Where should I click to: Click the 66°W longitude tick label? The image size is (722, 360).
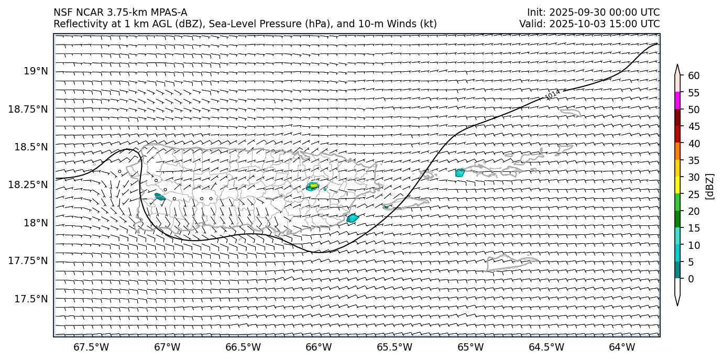(319, 347)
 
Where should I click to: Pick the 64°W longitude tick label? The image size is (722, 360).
(622, 347)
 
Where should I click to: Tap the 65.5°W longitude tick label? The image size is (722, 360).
(395, 347)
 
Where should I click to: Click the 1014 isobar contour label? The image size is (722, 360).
(553, 94)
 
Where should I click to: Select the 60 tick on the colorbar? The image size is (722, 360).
(694, 76)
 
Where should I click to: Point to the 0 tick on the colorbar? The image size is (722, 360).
(691, 279)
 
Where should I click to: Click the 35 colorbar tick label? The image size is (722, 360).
(694, 160)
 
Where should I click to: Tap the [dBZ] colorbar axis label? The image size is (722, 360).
(710, 186)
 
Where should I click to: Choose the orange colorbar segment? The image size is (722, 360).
(677, 151)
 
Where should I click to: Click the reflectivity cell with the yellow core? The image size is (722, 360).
(313, 186)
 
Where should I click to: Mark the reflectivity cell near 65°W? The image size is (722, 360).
(460, 172)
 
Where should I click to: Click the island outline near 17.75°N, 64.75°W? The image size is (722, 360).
(511, 262)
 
